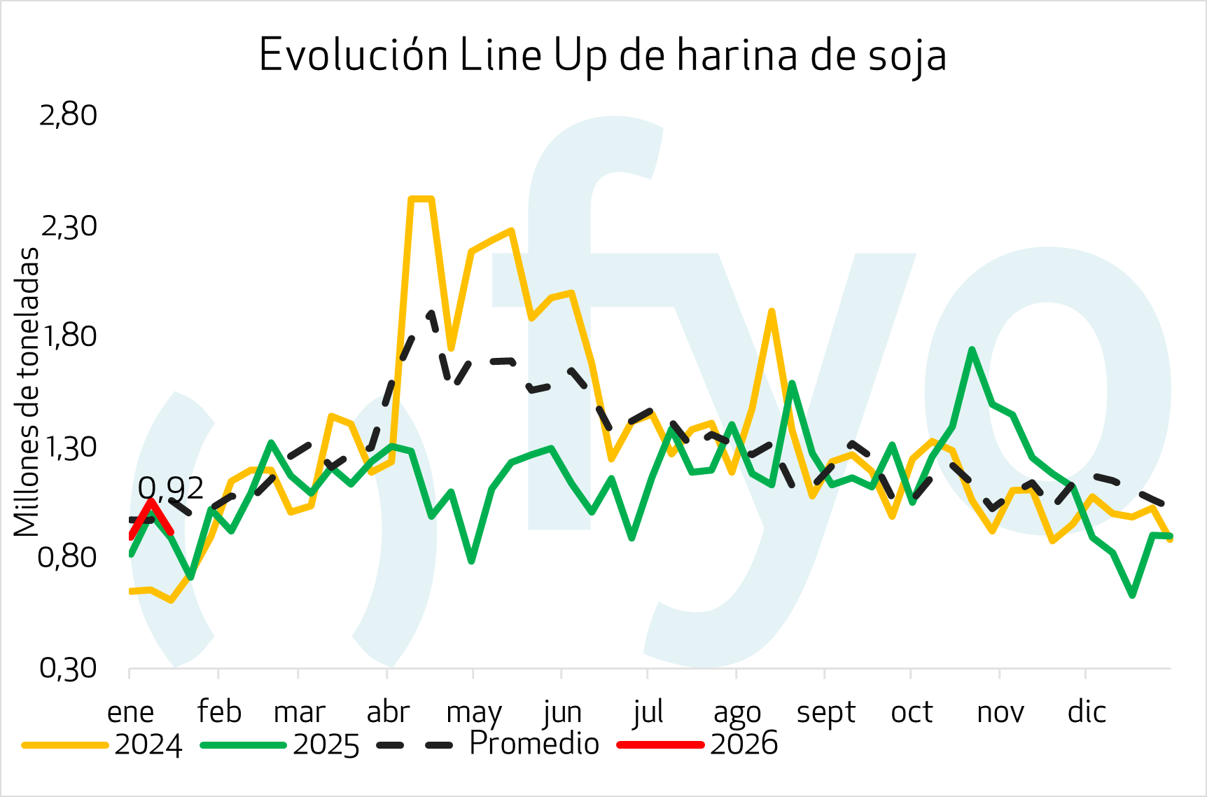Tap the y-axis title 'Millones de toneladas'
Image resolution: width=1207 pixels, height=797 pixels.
point(27,392)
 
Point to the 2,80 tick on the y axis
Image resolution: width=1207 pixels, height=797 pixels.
point(68,116)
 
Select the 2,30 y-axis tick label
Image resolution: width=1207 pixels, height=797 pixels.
point(68,226)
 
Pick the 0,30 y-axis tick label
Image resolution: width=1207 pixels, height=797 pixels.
point(68,668)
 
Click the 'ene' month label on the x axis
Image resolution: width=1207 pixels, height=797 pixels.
point(130,712)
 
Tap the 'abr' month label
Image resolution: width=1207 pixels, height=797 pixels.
point(387,712)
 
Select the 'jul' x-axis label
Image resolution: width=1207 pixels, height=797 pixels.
point(648,712)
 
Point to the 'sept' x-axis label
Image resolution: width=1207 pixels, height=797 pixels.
point(825,712)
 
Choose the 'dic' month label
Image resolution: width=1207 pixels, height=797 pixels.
point(1087,712)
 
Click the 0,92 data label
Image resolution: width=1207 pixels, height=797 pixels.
point(170,488)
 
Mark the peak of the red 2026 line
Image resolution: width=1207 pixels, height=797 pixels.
point(151,501)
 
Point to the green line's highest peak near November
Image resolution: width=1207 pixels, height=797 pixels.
point(972,349)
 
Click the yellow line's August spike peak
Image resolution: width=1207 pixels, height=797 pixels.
point(771,312)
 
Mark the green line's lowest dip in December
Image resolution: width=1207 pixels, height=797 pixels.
point(1132,595)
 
